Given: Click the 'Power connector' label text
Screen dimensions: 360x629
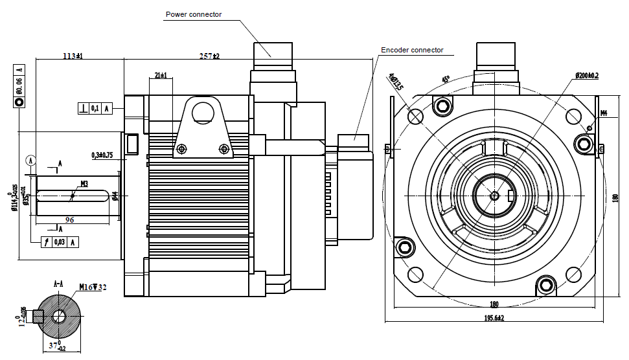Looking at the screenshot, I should click(x=194, y=14).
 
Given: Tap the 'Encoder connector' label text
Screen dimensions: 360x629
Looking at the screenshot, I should click(x=412, y=50).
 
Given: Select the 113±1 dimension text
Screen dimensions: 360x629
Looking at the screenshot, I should click(x=73, y=56).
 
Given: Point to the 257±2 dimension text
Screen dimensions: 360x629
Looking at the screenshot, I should click(x=209, y=56).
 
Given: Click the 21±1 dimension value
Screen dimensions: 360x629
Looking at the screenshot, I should click(x=160, y=76).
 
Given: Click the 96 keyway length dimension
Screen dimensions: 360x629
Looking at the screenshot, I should click(x=69, y=220).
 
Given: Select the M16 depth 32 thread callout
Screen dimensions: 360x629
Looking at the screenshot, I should click(x=93, y=287).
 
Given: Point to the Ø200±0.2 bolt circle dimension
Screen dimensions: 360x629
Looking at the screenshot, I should click(x=587, y=76).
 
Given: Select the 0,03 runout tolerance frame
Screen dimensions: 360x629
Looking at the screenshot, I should click(x=60, y=242).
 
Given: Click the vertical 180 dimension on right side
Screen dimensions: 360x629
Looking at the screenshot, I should click(x=615, y=199).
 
